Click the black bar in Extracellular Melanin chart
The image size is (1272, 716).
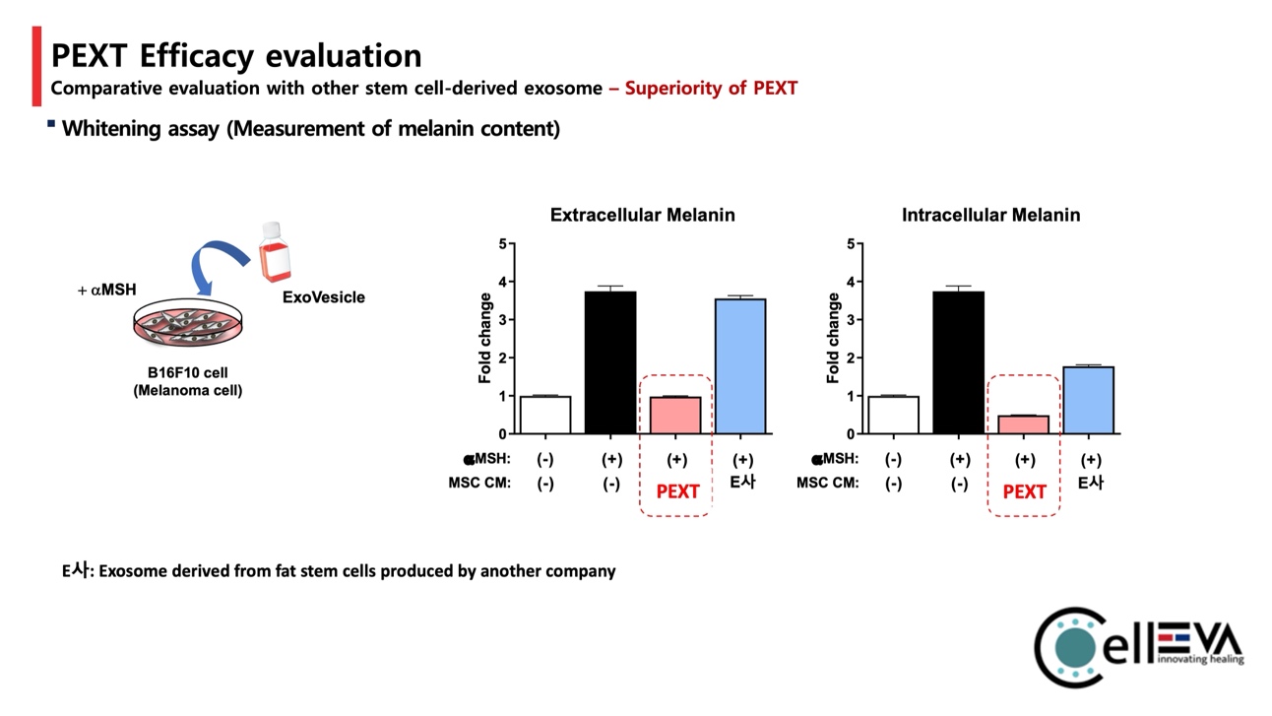click(610, 362)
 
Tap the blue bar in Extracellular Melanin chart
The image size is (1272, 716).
click(740, 366)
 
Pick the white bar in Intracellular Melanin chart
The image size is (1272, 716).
click(893, 415)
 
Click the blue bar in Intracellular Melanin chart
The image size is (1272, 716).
click(1088, 400)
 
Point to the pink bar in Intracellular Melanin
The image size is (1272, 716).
click(1023, 424)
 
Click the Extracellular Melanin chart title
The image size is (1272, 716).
click(642, 215)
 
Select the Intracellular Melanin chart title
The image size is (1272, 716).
click(990, 215)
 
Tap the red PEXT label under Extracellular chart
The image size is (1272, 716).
click(677, 491)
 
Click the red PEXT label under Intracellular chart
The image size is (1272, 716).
click(1024, 491)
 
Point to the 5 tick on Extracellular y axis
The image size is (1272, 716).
click(503, 243)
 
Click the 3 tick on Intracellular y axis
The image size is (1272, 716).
click(851, 320)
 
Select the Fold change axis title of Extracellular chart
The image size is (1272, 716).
click(485, 338)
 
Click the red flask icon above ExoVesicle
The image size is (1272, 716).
click(276, 252)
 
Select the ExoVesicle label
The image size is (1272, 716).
click(323, 296)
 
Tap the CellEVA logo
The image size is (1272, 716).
click(1137, 645)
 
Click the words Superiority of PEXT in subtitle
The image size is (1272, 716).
click(711, 88)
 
